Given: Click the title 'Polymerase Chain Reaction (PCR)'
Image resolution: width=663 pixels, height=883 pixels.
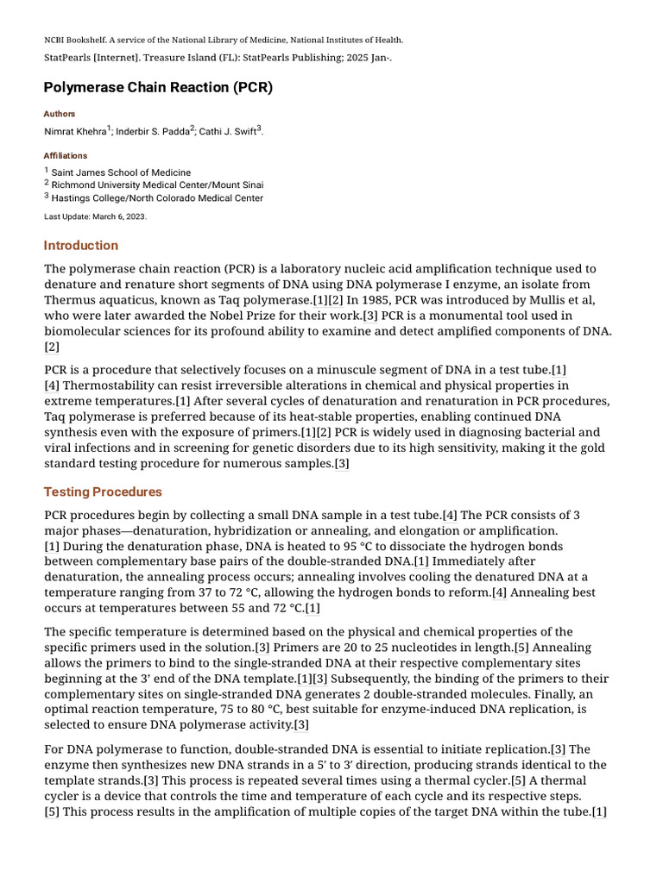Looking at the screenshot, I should tap(158, 88).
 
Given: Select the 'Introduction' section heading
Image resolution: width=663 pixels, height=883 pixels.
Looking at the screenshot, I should tap(81, 246).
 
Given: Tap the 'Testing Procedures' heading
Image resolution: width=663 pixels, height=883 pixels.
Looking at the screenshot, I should tap(103, 492).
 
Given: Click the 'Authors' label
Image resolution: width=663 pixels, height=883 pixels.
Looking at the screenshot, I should tap(60, 114).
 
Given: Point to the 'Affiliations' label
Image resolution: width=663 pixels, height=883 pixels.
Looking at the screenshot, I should tap(66, 156).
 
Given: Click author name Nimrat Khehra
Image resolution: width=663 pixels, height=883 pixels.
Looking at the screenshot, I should tap(74, 132).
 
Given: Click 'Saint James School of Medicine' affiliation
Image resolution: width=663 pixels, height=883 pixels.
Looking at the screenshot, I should tap(121, 173).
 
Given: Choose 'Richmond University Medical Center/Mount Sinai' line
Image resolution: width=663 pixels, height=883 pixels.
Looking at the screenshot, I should tap(157, 185).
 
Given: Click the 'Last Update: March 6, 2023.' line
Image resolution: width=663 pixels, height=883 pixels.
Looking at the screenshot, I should tap(95, 216).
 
